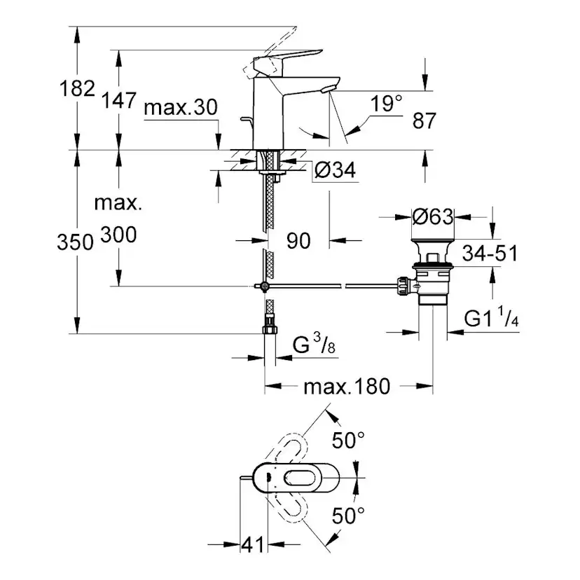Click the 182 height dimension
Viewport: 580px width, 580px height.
(78, 88)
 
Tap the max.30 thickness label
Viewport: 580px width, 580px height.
(181, 107)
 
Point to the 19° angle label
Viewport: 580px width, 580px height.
(387, 104)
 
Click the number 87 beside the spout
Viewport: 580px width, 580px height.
(424, 121)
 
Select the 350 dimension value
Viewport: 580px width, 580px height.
(76, 242)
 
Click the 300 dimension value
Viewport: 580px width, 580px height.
(118, 235)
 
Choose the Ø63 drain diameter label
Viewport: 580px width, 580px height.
(432, 216)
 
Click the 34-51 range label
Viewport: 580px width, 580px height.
(489, 253)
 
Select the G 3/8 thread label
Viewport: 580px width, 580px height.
(312, 345)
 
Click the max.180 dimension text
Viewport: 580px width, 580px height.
(346, 386)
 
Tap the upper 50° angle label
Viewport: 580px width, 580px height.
(348, 441)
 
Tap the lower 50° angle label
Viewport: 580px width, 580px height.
(348, 518)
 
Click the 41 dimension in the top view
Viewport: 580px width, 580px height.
(252, 544)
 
